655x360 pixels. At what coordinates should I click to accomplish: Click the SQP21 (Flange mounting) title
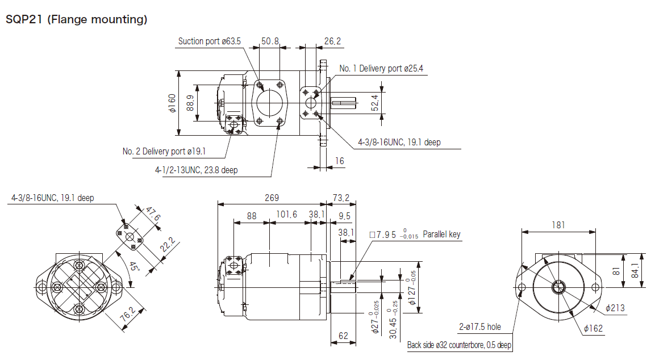point(77,20)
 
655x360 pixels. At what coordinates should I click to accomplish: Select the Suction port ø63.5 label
point(210,41)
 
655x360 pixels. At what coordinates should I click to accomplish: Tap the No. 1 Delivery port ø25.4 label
point(381,69)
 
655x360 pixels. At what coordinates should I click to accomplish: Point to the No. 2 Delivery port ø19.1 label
point(164,151)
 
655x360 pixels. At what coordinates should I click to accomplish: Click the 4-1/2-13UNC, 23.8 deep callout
point(196,170)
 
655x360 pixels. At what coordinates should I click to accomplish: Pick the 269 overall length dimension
point(272,198)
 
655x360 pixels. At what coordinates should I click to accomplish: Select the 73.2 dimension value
point(341,198)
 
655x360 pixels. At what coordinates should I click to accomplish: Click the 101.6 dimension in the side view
point(287,215)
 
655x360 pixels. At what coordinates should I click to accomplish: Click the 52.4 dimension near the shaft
point(376,103)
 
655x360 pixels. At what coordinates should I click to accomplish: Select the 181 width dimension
point(558,225)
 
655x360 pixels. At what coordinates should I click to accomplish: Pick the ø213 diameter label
point(615,308)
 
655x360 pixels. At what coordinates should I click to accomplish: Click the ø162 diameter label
point(594,328)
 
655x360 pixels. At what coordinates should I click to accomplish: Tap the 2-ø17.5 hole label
point(480,326)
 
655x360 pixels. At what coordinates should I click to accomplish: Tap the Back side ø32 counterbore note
point(459,345)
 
